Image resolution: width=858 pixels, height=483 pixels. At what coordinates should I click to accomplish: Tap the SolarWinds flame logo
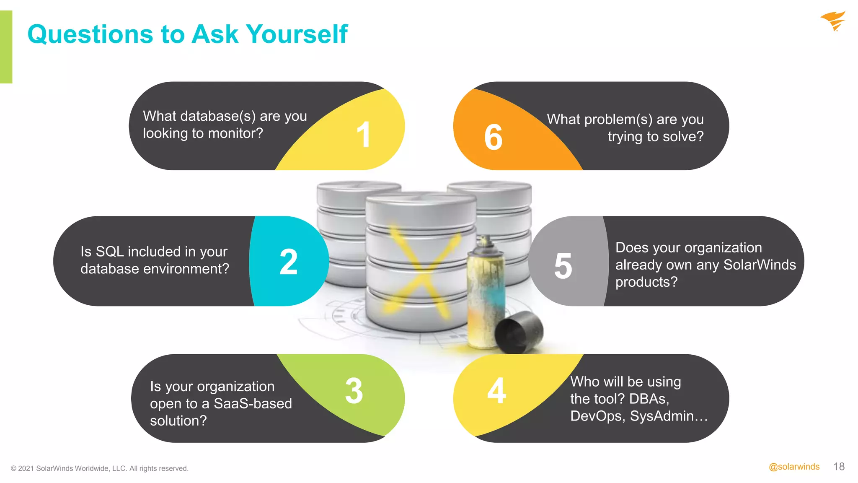(x=834, y=21)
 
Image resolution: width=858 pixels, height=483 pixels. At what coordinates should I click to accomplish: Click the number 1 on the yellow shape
(x=364, y=135)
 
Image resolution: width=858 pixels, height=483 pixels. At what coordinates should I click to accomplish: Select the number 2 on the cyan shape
(x=289, y=262)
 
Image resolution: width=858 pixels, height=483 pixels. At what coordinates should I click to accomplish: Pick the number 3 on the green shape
(x=354, y=391)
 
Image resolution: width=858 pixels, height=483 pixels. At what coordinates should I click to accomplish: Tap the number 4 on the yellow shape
(x=497, y=391)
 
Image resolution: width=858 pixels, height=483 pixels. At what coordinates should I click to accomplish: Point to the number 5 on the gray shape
(x=563, y=266)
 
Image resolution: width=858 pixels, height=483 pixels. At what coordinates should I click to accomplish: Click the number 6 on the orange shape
(x=494, y=138)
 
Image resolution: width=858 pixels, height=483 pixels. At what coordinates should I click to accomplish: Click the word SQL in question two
(x=109, y=252)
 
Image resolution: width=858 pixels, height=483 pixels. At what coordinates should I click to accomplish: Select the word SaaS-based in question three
(x=253, y=403)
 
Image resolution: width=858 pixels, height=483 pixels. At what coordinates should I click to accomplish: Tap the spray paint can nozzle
(x=486, y=241)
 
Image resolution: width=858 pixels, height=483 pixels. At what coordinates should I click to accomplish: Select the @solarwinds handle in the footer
(x=794, y=467)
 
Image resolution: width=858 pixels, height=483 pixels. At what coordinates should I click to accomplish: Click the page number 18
(x=839, y=467)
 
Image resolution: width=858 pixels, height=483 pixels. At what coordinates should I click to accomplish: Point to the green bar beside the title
(x=6, y=47)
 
